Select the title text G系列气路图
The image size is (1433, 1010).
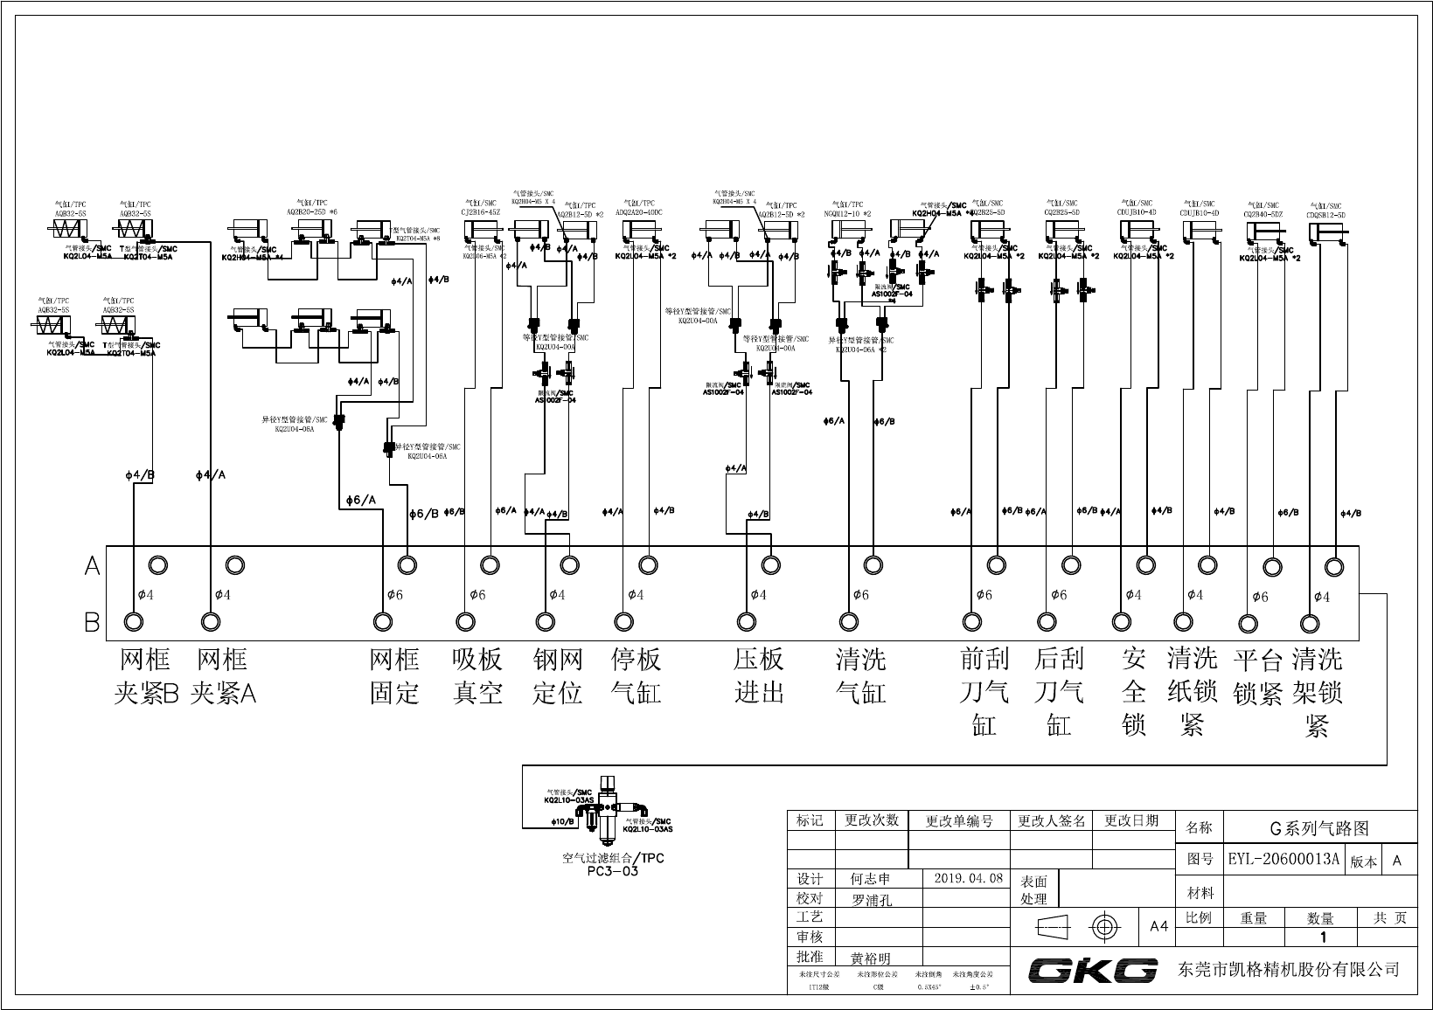point(1318,828)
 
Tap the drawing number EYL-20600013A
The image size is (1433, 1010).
point(1283,859)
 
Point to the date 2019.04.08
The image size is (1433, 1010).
point(969,878)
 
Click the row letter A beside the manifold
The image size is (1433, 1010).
point(93,567)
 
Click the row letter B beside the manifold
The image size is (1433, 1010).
point(93,623)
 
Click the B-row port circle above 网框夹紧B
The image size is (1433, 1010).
point(133,621)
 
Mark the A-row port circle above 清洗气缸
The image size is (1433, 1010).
point(873,564)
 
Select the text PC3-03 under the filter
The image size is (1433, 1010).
point(612,871)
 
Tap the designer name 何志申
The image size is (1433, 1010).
point(870,879)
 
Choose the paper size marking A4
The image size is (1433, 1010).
point(1158,926)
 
